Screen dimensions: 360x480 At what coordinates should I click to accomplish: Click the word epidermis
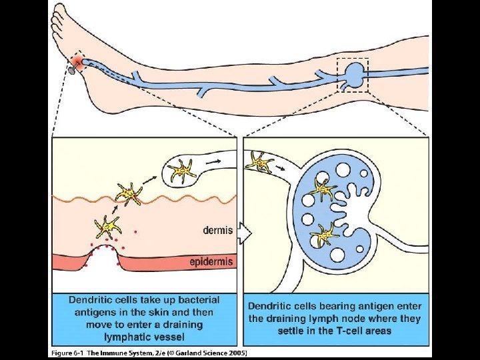211,262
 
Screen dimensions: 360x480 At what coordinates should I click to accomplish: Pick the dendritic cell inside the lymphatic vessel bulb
182,171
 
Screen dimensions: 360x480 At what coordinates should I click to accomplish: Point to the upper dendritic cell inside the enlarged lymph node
325,191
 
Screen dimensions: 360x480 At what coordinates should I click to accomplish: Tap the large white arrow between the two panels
243,234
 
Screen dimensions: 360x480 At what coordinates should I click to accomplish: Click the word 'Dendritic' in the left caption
95,299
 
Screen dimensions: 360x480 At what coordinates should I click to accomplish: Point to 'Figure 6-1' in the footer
67,352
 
